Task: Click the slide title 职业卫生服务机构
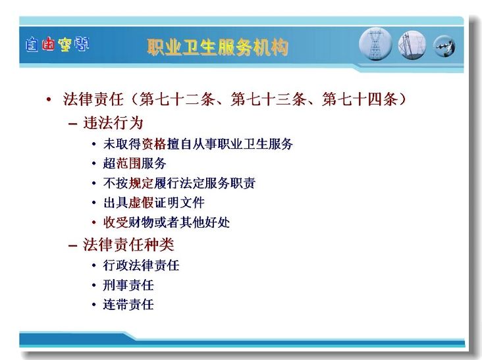[218, 47]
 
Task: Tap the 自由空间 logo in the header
[57, 45]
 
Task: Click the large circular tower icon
[375, 44]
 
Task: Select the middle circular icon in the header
[412, 45]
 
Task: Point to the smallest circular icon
[444, 46]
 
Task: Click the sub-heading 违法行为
[113, 123]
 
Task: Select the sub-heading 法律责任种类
[128, 245]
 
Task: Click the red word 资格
[153, 143]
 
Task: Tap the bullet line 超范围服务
[134, 163]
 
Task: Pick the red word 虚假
[141, 203]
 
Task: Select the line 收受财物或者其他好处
[167, 222]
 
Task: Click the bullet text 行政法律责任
[141, 265]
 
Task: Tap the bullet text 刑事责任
[128, 285]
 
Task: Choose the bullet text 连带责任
[128, 305]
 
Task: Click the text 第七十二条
[176, 99]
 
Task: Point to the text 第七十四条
[360, 99]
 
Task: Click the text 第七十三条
[268, 99]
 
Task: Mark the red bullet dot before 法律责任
[49, 99]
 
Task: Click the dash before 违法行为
[72, 124]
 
